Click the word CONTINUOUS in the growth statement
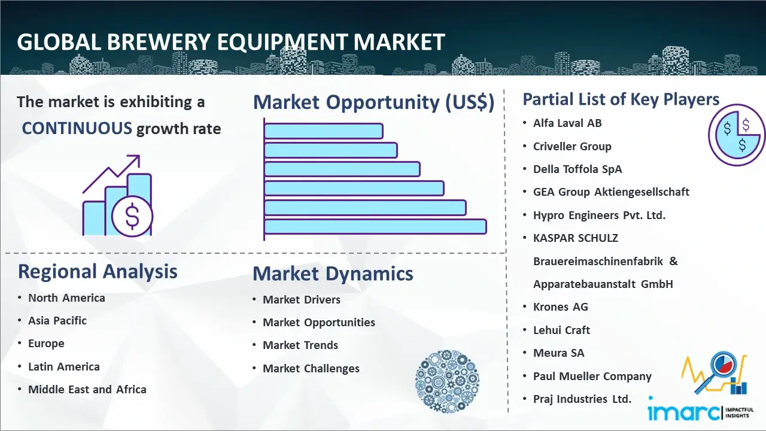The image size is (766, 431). tap(77, 128)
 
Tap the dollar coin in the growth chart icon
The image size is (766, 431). tap(132, 216)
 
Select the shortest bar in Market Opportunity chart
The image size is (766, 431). tap(324, 131)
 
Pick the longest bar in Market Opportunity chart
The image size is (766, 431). tap(375, 227)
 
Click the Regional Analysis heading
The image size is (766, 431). tap(98, 271)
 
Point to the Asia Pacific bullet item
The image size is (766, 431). tap(57, 320)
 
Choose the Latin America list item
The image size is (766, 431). tap(64, 367)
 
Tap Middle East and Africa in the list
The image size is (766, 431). tap(87, 389)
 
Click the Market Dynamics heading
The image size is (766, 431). tap(333, 274)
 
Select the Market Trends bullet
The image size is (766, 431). tap(300, 345)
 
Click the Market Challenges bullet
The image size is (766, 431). tap(311, 368)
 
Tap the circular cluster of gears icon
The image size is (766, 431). tap(447, 381)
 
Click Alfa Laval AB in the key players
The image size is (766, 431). tap(567, 123)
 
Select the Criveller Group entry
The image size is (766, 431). tap(572, 147)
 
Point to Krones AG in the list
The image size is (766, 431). tap(561, 307)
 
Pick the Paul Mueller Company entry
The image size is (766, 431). tap(592, 377)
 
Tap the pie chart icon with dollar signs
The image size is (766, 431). tap(737, 135)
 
